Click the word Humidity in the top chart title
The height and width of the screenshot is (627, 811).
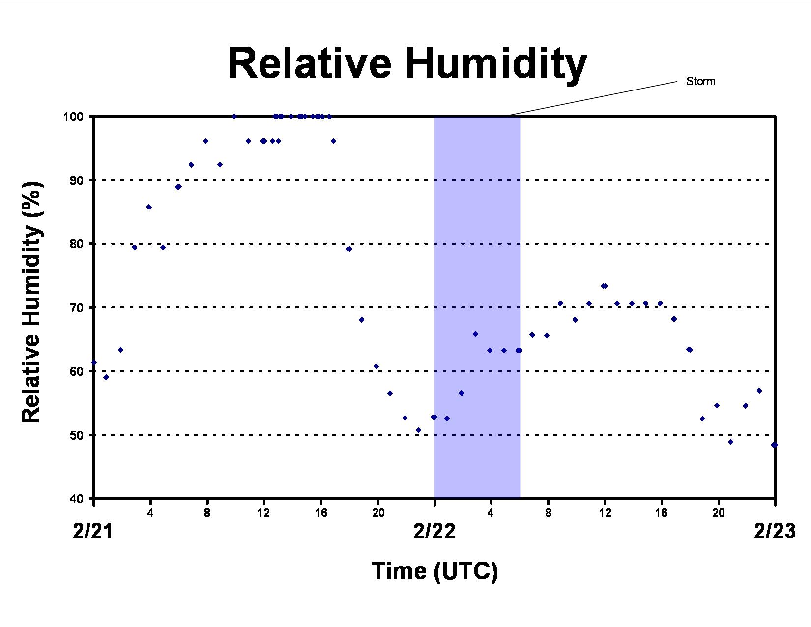pyautogui.click(x=496, y=65)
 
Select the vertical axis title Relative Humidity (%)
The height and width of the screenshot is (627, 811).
pyautogui.click(x=31, y=302)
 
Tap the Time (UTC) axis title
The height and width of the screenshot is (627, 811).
pyautogui.click(x=435, y=571)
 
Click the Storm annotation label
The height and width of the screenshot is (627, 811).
pyautogui.click(x=700, y=81)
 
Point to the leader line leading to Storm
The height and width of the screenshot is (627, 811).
pyautogui.click(x=592, y=98)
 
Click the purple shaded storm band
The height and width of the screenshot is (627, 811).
pyautogui.click(x=477, y=307)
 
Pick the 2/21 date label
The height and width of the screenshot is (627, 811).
pyautogui.click(x=93, y=531)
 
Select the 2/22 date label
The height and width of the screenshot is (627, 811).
pyautogui.click(x=434, y=531)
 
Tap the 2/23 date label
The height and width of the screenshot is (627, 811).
pyautogui.click(x=775, y=531)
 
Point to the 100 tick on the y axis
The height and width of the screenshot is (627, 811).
pyautogui.click(x=73, y=117)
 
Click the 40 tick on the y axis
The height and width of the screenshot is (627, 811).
pyautogui.click(x=77, y=499)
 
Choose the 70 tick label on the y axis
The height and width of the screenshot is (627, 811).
pyautogui.click(x=77, y=308)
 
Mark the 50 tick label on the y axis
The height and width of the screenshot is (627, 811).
pyautogui.click(x=77, y=435)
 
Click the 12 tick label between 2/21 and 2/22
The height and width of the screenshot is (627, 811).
pyautogui.click(x=263, y=513)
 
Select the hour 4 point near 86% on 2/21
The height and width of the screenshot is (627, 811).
pyautogui.click(x=149, y=207)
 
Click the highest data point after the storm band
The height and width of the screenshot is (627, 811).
pyautogui.click(x=604, y=286)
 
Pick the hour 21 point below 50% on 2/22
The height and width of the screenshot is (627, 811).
pyautogui.click(x=731, y=442)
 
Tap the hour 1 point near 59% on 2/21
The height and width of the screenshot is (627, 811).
pyautogui.click(x=106, y=377)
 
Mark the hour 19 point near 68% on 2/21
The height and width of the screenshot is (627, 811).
pyautogui.click(x=362, y=320)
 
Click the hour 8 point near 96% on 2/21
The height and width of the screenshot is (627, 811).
pyautogui.click(x=205, y=141)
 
